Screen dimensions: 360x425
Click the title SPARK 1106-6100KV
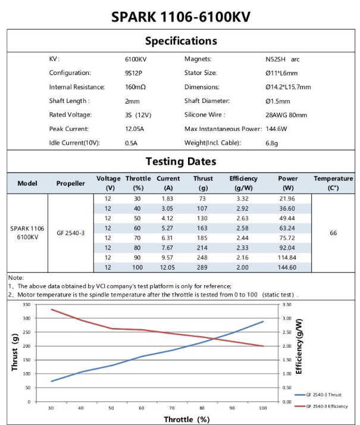pyautogui.click(x=181, y=17)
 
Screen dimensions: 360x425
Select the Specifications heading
pyautogui.click(x=181, y=41)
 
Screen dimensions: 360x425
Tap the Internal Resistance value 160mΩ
pyautogui.click(x=135, y=87)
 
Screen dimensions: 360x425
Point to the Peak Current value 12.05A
pyautogui.click(x=134, y=129)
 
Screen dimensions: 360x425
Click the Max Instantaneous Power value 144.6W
pyautogui.click(x=276, y=129)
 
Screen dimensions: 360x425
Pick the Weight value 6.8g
pyautogui.click(x=271, y=143)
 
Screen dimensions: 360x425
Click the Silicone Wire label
pyautogui.click(x=205, y=115)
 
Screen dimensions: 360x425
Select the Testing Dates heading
pyautogui.click(x=181, y=161)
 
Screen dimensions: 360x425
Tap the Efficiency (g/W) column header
pyautogui.click(x=243, y=183)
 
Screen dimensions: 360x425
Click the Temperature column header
pyautogui.click(x=333, y=183)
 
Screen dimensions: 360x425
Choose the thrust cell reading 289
pyautogui.click(x=202, y=267)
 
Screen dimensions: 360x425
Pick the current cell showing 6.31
pyautogui.click(x=167, y=238)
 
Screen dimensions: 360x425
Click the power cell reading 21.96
pyautogui.click(x=287, y=199)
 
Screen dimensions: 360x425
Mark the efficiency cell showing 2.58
pyautogui.click(x=242, y=228)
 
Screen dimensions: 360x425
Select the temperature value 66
pyautogui.click(x=333, y=233)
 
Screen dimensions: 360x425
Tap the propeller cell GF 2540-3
pyautogui.click(x=70, y=233)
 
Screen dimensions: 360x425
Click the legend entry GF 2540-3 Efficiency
pyautogui.click(x=321, y=406)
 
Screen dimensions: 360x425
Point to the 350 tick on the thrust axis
pyautogui.click(x=27, y=304)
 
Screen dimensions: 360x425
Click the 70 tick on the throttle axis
pyautogui.click(x=172, y=408)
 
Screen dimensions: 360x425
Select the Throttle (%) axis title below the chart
pyautogui.click(x=187, y=419)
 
